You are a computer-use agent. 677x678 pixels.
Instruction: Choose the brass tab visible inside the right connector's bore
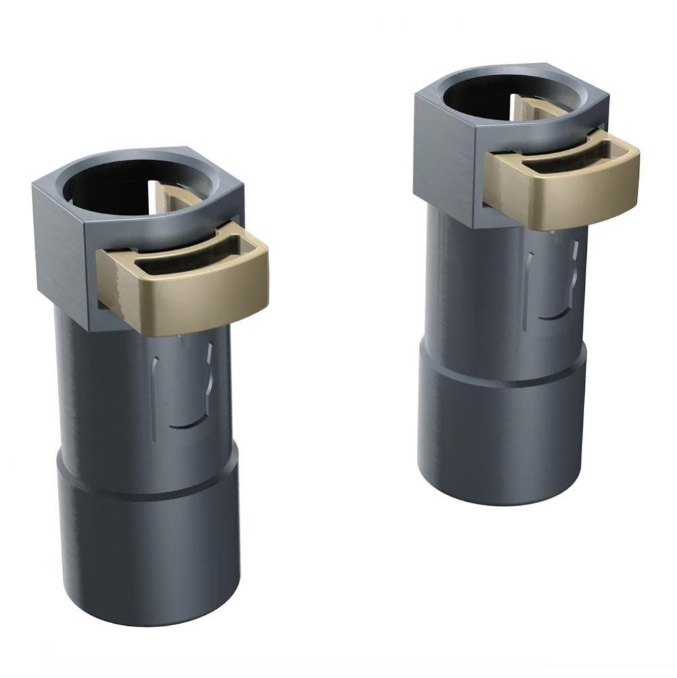(525, 108)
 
